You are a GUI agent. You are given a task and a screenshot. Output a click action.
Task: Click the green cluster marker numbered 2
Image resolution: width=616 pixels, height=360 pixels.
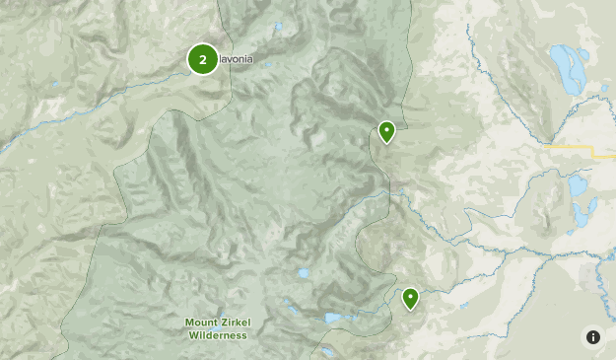click(203, 59)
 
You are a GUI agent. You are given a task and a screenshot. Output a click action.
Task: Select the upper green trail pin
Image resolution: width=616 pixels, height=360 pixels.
click(387, 130)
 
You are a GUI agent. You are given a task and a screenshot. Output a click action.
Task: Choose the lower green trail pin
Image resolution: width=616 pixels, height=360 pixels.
click(410, 296)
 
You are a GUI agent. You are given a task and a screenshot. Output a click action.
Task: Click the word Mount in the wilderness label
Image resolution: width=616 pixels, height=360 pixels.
click(201, 323)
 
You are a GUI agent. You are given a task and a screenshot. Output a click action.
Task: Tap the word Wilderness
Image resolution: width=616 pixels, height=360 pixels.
click(217, 334)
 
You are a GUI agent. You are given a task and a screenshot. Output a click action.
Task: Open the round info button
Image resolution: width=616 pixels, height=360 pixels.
click(592, 336)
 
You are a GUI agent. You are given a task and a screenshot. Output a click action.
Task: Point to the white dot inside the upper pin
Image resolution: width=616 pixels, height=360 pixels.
click(387, 128)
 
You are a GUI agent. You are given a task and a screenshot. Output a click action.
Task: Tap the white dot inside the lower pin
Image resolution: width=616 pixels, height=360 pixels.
click(410, 294)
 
